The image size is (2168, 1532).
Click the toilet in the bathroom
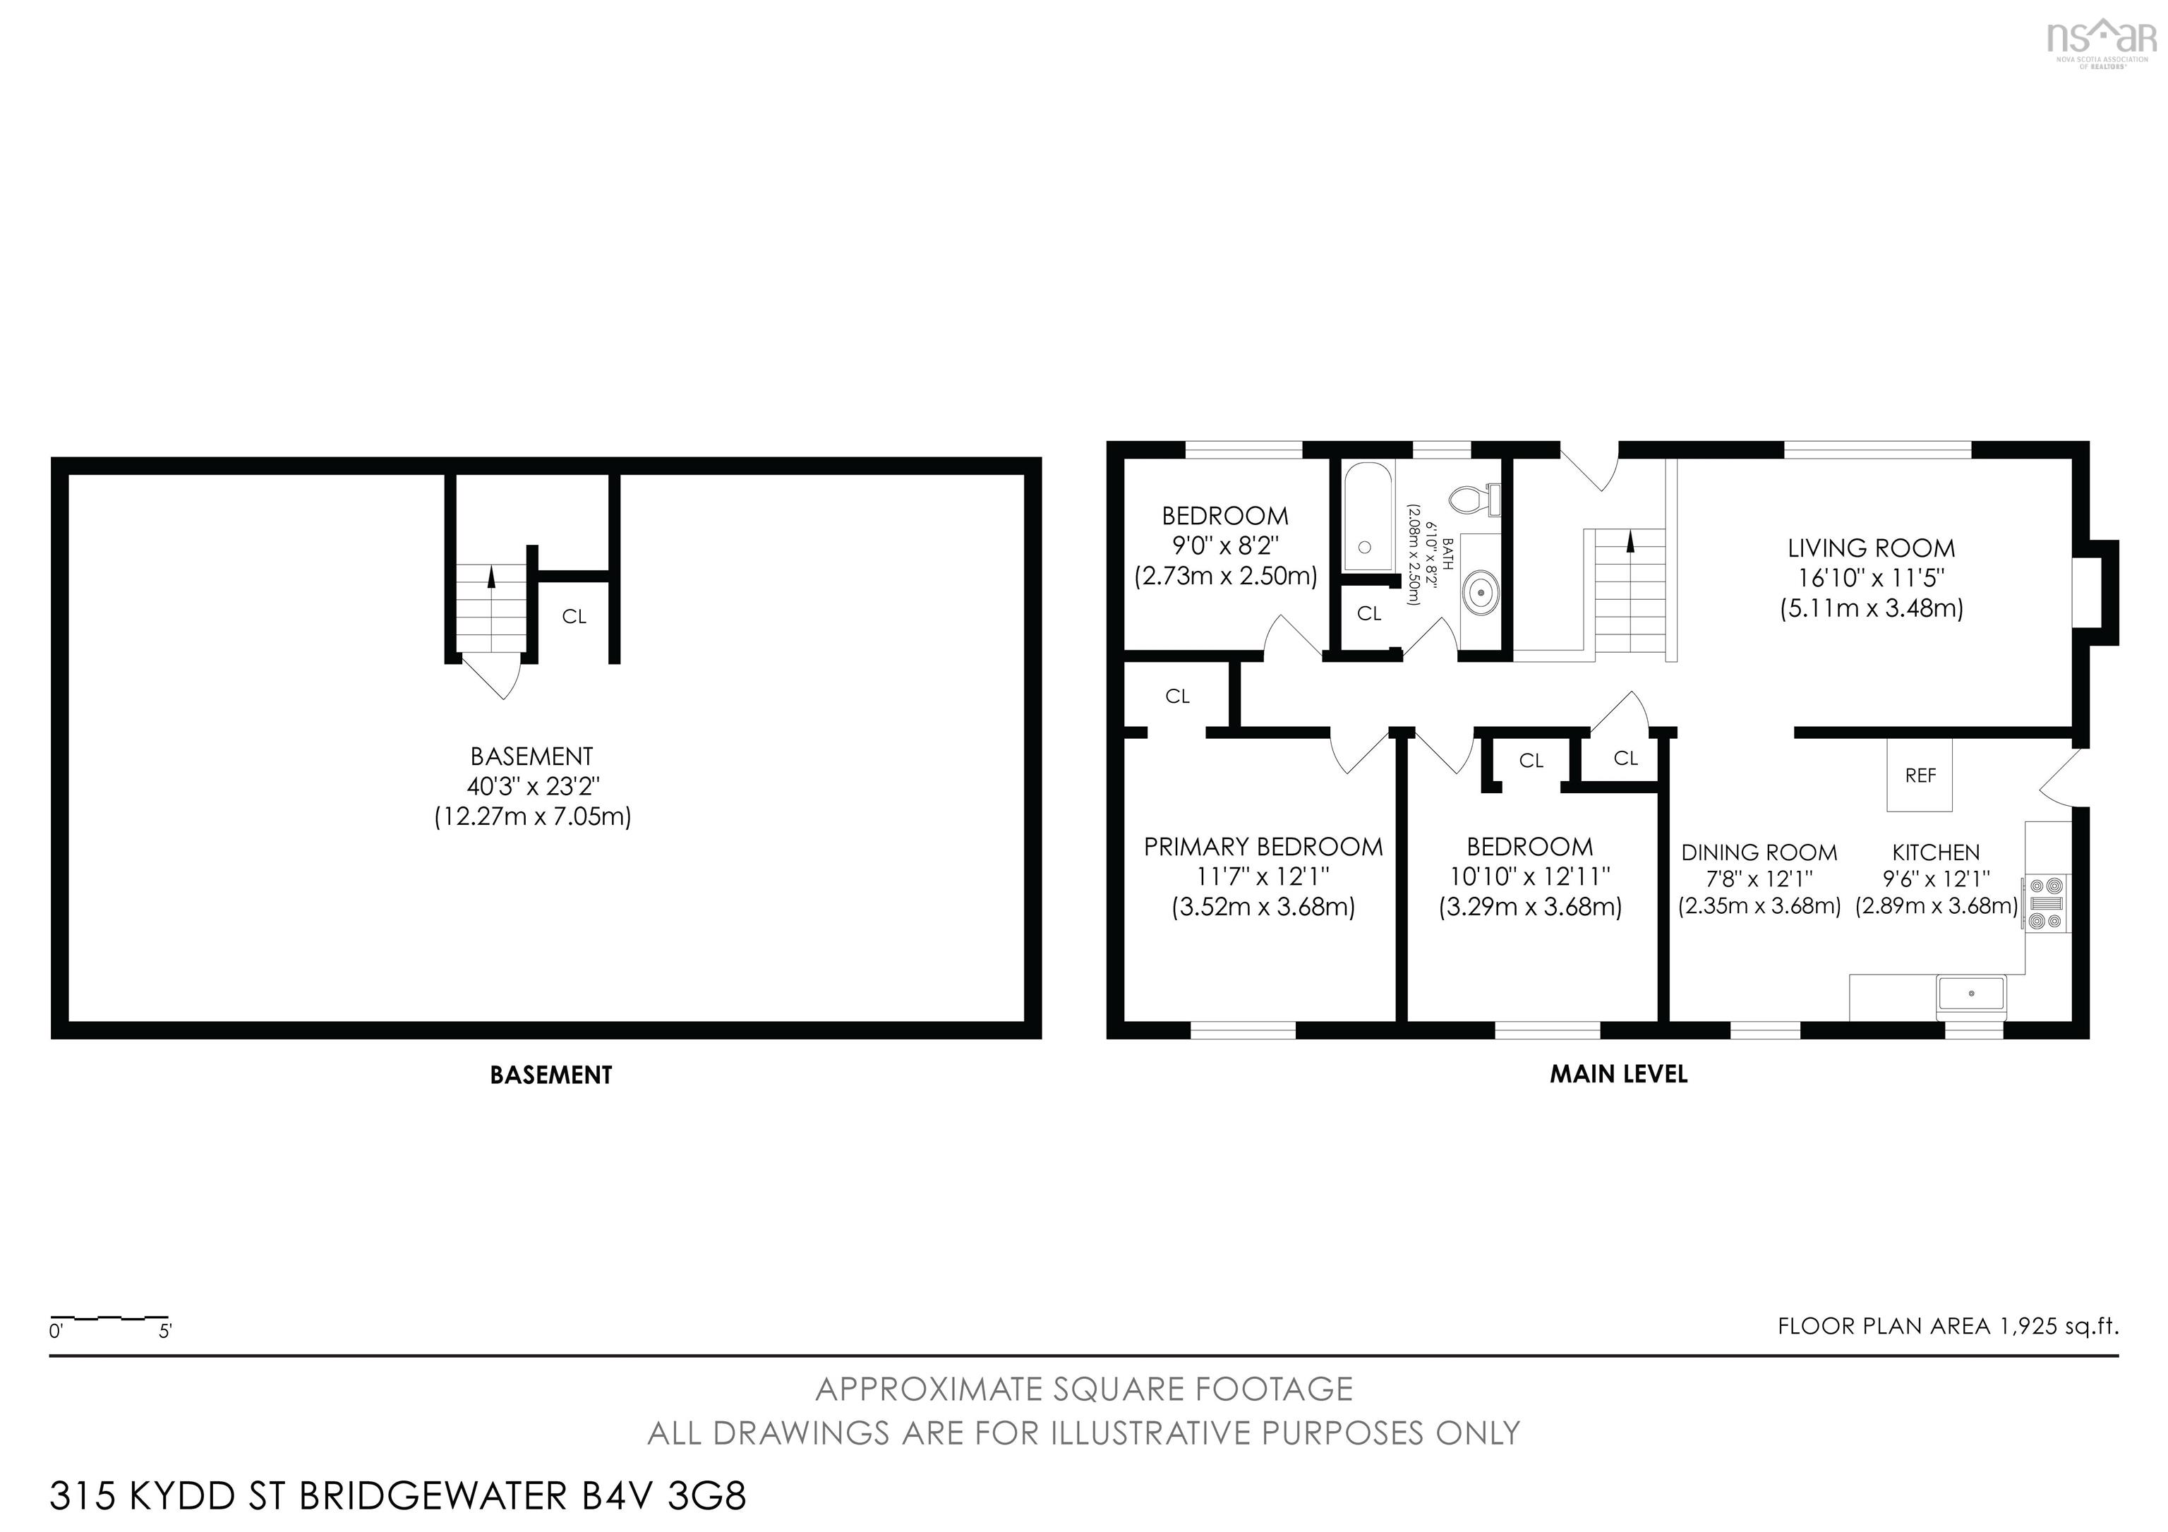click(x=1475, y=498)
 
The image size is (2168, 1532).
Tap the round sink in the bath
click(x=1481, y=593)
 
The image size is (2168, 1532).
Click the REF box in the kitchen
click(x=1920, y=775)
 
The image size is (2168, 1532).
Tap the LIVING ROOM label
click(x=1871, y=548)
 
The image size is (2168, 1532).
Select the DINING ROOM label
click(x=1759, y=852)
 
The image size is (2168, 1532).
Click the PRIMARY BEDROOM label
click(x=1263, y=847)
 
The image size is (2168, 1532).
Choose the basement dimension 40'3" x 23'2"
click(x=534, y=786)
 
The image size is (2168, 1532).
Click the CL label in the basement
click(x=574, y=616)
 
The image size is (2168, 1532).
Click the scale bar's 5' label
click(x=165, y=1332)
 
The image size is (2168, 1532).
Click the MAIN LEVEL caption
click(x=1618, y=1074)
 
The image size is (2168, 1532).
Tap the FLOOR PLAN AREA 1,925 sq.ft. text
click(x=1948, y=1326)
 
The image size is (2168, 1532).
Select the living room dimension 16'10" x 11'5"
click(x=1871, y=578)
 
